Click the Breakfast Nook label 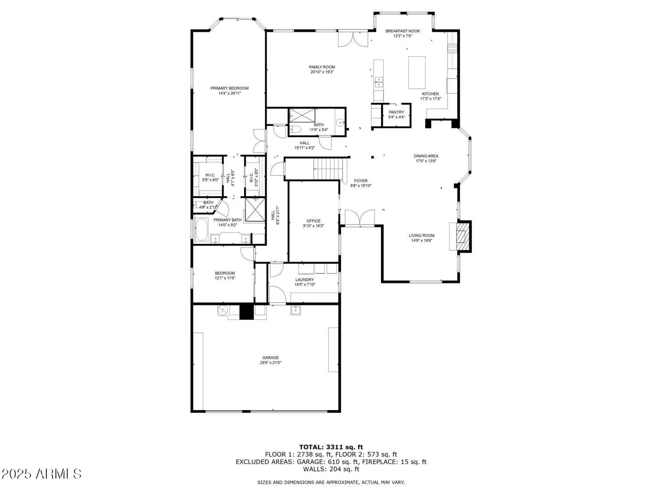click(402, 31)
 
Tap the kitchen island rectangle click(417, 72)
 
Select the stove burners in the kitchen click(452, 48)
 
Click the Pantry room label click(396, 112)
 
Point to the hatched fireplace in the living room click(461, 236)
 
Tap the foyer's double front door click(360, 218)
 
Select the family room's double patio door click(353, 39)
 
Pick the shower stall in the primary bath click(255, 209)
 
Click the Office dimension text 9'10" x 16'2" click(313, 226)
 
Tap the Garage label click(270, 357)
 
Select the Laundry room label click(305, 279)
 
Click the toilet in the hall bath click(295, 129)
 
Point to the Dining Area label click(426, 156)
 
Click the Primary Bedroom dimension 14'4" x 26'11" click(229, 93)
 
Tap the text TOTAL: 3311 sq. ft click(331, 447)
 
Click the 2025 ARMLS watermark click(41, 474)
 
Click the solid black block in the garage click(246, 312)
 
